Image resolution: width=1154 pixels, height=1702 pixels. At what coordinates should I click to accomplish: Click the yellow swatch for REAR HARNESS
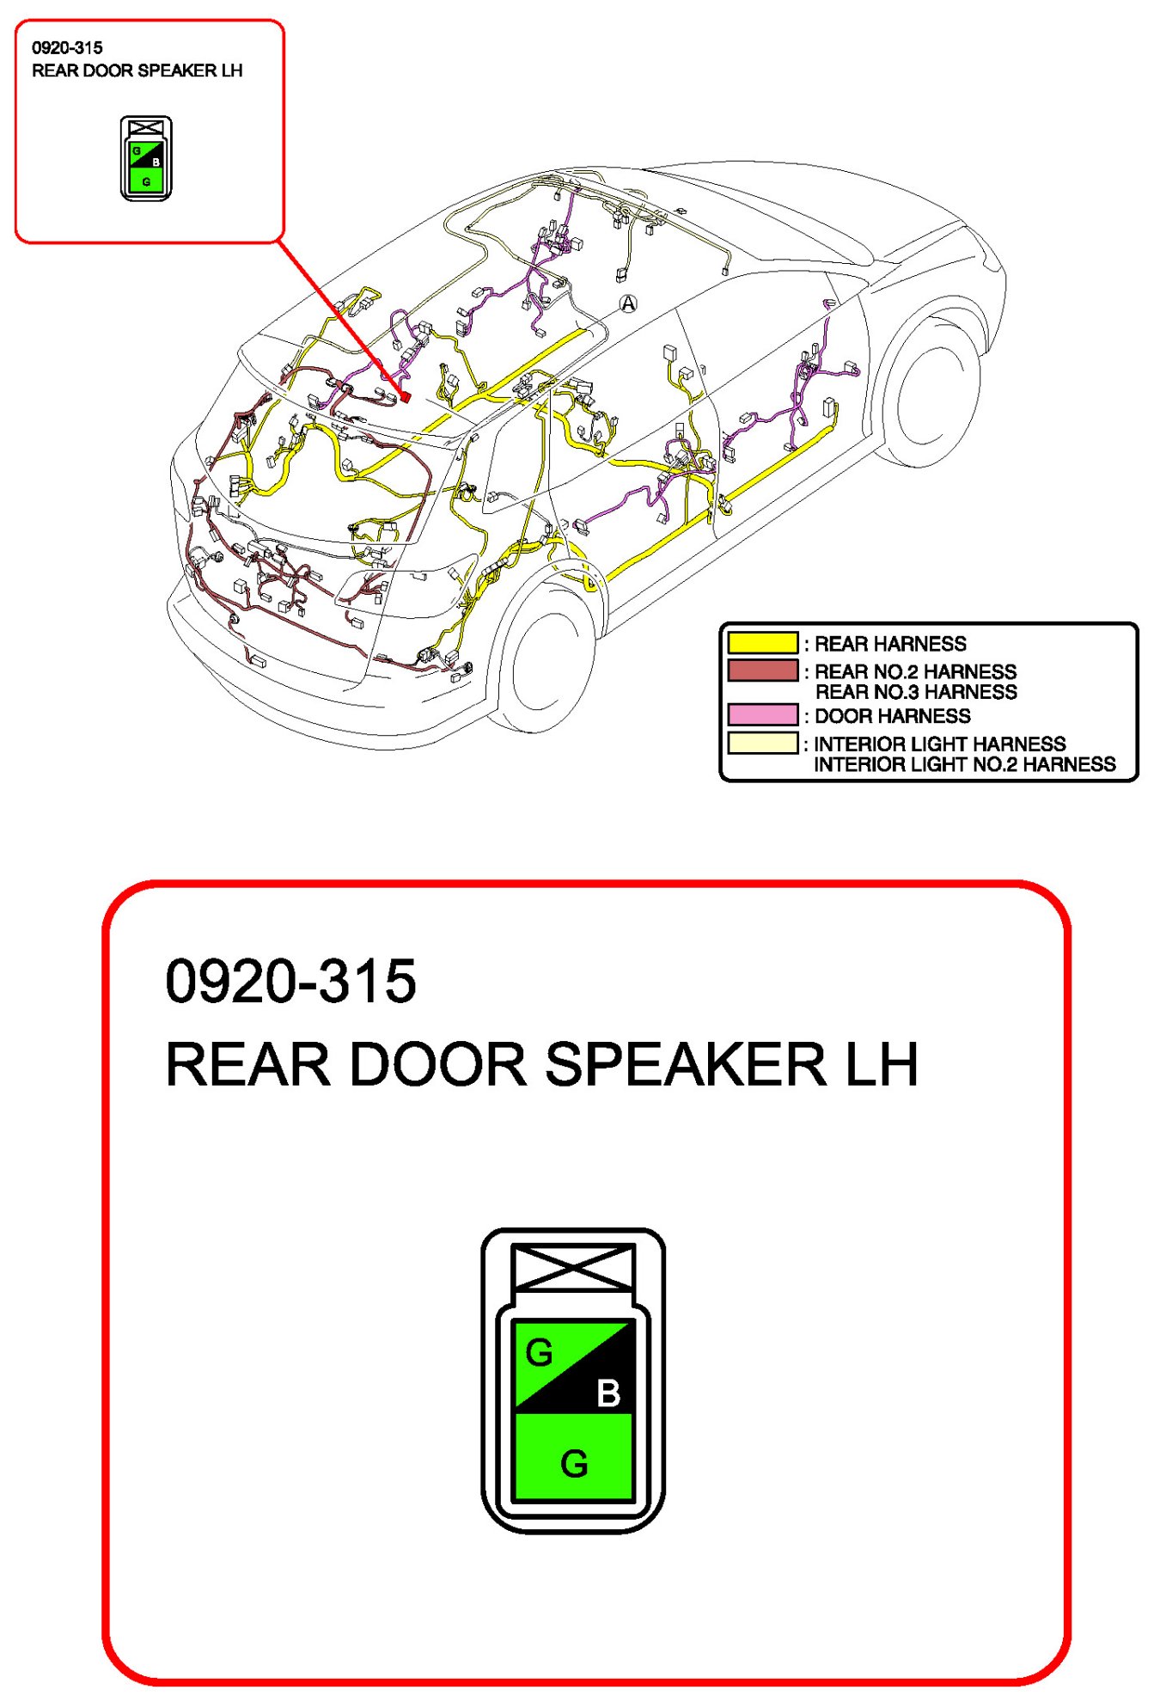click(762, 643)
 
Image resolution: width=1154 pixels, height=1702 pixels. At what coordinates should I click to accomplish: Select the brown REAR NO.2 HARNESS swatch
click(762, 670)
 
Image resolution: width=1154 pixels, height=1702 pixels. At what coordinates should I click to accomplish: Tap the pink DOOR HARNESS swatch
click(762, 715)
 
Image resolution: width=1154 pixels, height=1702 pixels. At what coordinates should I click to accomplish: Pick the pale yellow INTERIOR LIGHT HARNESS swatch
click(762, 744)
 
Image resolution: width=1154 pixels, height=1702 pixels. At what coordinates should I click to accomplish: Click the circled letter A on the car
click(629, 303)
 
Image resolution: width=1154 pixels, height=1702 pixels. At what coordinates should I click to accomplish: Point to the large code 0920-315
click(290, 982)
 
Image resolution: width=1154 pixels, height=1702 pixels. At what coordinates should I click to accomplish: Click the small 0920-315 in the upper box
click(67, 48)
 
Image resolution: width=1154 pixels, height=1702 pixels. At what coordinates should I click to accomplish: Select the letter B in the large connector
click(608, 1393)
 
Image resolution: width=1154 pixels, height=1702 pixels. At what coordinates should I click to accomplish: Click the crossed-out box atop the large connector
click(573, 1267)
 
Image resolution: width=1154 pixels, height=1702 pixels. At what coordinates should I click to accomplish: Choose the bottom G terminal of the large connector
click(574, 1464)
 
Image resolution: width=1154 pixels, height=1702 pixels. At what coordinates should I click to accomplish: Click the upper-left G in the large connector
click(540, 1353)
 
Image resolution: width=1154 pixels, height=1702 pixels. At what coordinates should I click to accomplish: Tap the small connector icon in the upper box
click(146, 159)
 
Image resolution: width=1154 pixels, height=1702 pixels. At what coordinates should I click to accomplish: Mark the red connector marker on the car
click(405, 396)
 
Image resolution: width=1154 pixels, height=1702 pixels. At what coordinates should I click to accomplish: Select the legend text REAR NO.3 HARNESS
click(915, 692)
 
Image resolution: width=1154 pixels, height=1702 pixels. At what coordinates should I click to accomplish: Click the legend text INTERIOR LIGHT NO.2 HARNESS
click(964, 764)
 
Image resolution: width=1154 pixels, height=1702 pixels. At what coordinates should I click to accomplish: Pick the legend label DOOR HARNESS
click(892, 716)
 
